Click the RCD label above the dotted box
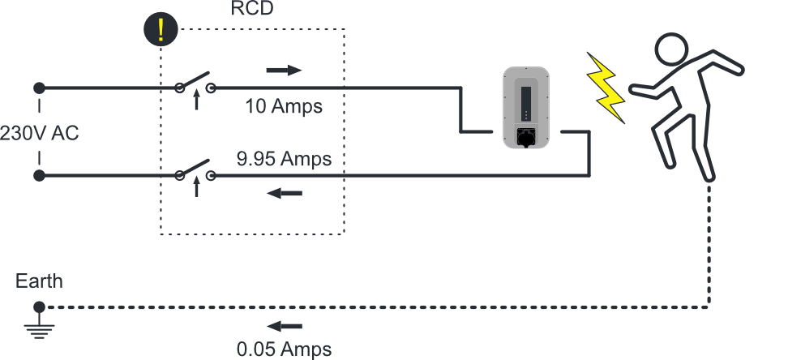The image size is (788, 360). pyautogui.click(x=252, y=8)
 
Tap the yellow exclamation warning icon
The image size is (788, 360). pyautogui.click(x=161, y=29)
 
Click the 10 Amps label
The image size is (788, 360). pyautogui.click(x=284, y=106)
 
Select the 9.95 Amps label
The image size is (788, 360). pyautogui.click(x=284, y=158)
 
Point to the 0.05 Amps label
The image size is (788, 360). pyautogui.click(x=284, y=349)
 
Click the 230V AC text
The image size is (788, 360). pyautogui.click(x=39, y=133)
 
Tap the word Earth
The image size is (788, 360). pyautogui.click(x=39, y=281)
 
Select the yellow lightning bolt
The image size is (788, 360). pyautogui.click(x=607, y=88)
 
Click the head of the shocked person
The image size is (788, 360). pyautogui.click(x=672, y=49)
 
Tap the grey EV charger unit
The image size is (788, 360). pyautogui.click(x=526, y=108)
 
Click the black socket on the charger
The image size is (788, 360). pyautogui.click(x=525, y=137)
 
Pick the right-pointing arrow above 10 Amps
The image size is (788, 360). pyautogui.click(x=284, y=71)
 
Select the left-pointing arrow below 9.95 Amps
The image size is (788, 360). pyautogui.click(x=284, y=193)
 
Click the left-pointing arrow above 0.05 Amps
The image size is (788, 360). pyautogui.click(x=284, y=326)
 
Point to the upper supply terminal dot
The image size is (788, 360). pyautogui.click(x=39, y=88)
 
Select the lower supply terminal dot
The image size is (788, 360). pyautogui.click(x=39, y=175)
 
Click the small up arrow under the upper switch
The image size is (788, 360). pyautogui.click(x=196, y=100)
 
